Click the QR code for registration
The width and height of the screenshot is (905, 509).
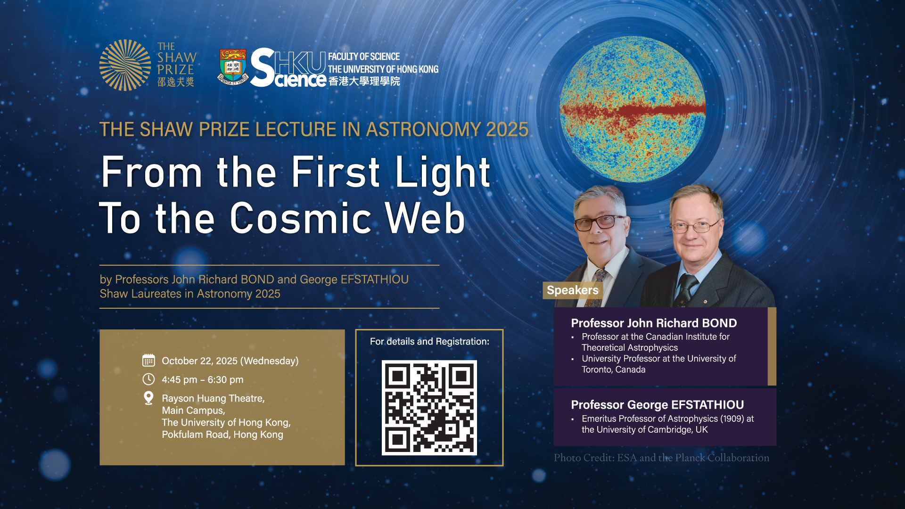coord(429,408)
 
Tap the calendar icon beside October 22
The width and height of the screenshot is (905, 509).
coord(148,361)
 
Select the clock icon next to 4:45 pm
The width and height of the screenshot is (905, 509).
coord(148,379)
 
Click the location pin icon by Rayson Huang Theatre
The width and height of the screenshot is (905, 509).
coord(148,398)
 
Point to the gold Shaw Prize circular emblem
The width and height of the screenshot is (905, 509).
coord(125,65)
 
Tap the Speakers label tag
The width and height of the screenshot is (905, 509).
coord(572,290)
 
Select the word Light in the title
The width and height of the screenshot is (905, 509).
coord(443,173)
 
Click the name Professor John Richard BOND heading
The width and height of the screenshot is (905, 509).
coord(654,323)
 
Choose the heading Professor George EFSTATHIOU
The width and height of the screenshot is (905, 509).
coord(658,405)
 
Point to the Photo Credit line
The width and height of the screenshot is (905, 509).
coord(661,458)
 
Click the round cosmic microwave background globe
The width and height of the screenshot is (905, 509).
coord(633,109)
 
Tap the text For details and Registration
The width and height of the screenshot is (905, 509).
coord(429,341)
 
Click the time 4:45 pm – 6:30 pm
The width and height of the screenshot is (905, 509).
coord(203,379)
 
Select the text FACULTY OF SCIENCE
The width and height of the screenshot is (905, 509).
coord(364,57)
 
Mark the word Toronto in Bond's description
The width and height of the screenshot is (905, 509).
coord(596,369)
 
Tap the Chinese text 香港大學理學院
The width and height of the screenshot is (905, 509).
coord(364,81)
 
